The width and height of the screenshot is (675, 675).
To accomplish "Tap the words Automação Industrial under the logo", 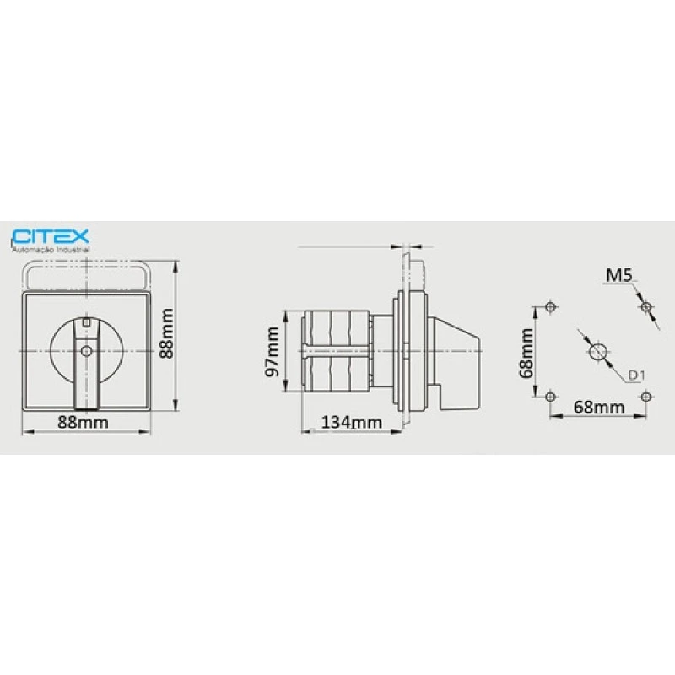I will click(x=50, y=249).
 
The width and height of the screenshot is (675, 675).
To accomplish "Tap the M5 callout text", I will click(x=618, y=274).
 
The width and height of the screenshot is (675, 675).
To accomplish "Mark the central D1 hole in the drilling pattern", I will click(x=597, y=351).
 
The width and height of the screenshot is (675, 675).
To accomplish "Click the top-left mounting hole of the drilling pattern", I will click(x=550, y=305).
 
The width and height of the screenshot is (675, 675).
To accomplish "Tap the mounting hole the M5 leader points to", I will click(x=645, y=306).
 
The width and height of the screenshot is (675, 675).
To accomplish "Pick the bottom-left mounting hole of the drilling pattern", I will click(x=550, y=397).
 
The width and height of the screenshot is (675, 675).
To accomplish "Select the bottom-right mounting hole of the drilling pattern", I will click(x=645, y=397).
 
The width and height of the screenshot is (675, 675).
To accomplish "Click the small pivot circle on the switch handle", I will click(x=84, y=351).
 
